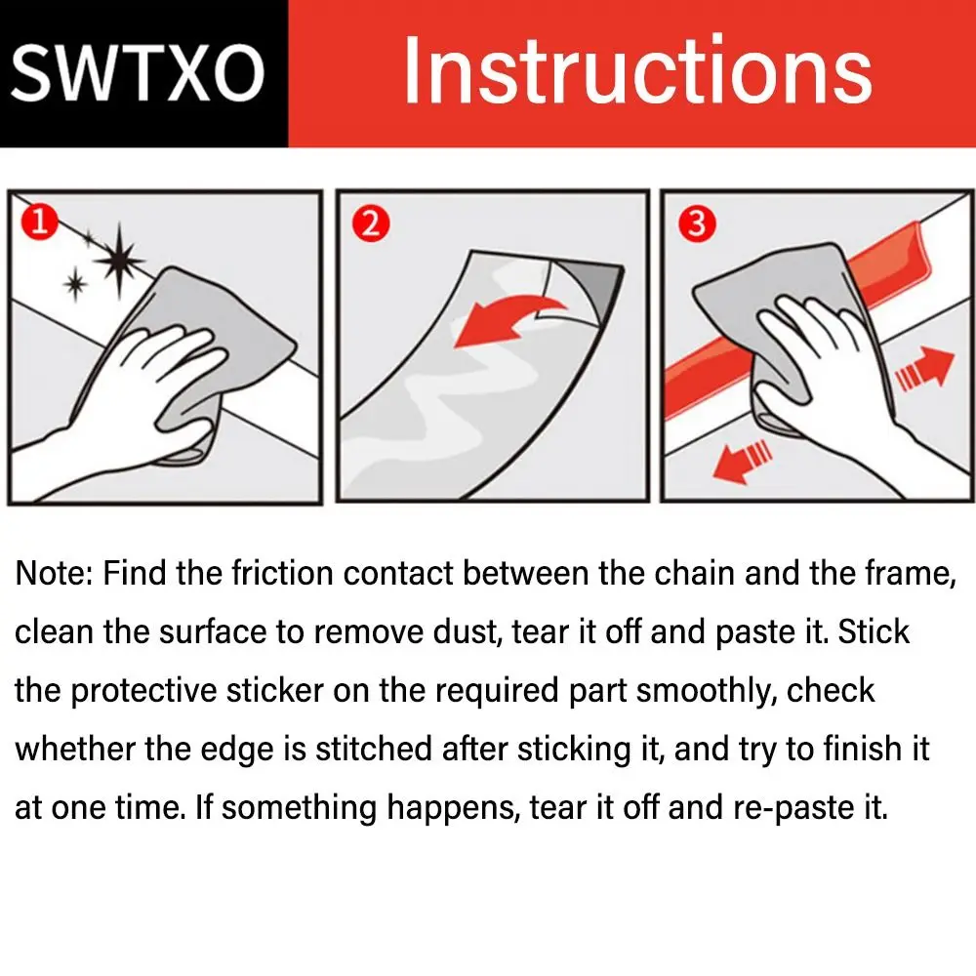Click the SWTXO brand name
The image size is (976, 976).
[x=138, y=73]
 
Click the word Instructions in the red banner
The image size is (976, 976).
[x=638, y=69]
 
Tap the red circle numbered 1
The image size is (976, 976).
[x=39, y=222]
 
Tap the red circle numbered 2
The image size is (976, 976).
[x=370, y=224]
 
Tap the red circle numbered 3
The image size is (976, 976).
[x=697, y=224]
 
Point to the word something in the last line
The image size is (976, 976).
[x=299, y=808]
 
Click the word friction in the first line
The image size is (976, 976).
[x=283, y=573]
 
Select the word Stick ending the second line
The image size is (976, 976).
[x=874, y=631]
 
